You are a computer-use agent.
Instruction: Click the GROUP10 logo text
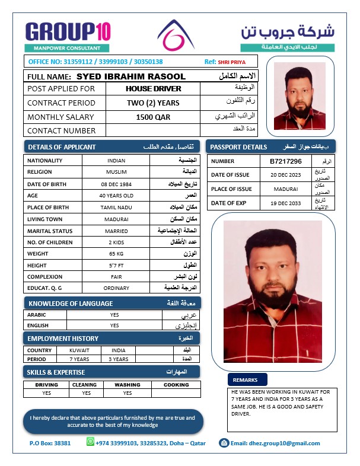pos(68,31)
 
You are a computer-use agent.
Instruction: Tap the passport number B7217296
pos(285,161)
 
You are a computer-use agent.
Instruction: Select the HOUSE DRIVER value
pos(153,88)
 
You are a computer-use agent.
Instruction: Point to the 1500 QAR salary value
pos(153,117)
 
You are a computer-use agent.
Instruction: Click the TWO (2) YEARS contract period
pos(153,103)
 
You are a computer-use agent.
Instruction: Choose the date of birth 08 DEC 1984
pos(116,184)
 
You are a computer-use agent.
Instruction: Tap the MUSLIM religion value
pos(116,172)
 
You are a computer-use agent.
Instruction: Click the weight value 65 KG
pos(116,253)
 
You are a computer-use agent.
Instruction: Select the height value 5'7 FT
pos(116,265)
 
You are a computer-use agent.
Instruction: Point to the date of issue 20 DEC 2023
pos(285,175)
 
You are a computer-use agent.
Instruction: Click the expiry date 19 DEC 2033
pos(285,203)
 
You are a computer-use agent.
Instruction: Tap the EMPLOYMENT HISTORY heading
pos(63,338)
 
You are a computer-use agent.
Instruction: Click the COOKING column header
pos(176,384)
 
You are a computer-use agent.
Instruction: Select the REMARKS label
pos(245,379)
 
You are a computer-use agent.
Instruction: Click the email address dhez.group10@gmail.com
pos(275,443)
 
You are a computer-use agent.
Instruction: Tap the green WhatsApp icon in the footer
pos(90,442)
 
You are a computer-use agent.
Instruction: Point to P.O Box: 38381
pos(50,443)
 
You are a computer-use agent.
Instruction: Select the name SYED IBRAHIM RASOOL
pos(131,76)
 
